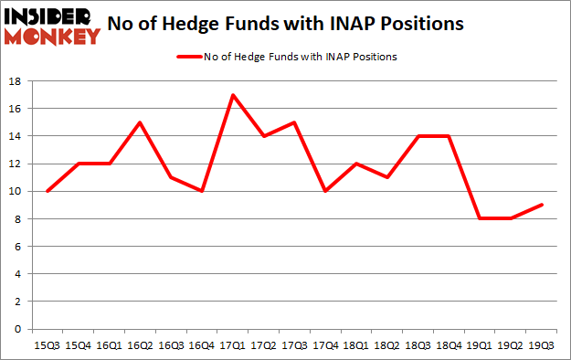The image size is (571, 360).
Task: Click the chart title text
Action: coord(298,25)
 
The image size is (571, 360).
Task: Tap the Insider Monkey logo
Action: coord(51,25)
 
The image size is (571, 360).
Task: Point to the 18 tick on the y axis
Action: coord(16,81)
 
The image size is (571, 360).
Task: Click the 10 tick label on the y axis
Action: coord(16,191)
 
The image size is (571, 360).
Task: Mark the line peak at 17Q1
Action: coord(235,95)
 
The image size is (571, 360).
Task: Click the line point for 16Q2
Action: coord(141,122)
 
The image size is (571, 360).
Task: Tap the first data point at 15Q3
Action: coord(48,191)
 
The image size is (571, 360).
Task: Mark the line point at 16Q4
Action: coord(203,191)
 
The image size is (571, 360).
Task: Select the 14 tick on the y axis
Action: coord(16,136)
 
